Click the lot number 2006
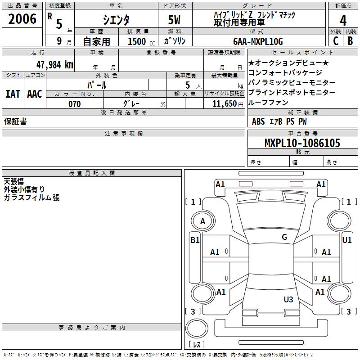[22, 19]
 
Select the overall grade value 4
[343, 21]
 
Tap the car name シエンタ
[116, 20]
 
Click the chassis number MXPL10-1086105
[302, 143]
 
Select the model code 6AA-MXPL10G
[258, 41]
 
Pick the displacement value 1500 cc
[138, 41]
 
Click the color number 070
[75, 104]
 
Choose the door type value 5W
[175, 20]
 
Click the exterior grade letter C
[335, 41]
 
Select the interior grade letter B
[350, 41]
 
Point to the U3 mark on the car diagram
[288, 300]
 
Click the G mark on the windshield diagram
[284, 237]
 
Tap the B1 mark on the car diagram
[195, 240]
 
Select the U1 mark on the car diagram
[347, 240]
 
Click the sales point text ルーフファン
[268, 102]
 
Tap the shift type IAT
[13, 94]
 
